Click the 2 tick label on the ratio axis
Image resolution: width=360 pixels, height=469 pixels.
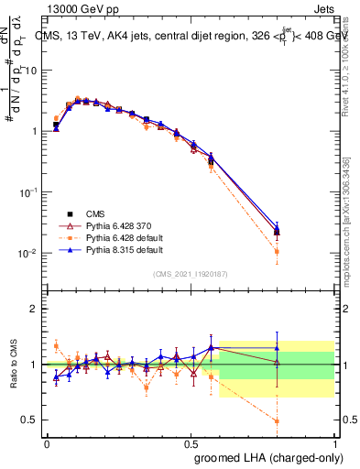coord(34,309)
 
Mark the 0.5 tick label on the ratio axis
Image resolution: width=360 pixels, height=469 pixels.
coord(30,420)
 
